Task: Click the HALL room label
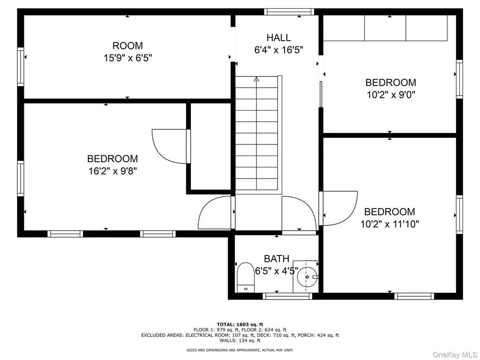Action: point(278,37)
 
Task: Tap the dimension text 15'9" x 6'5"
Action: point(127,58)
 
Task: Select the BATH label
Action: point(277,259)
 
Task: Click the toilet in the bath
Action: point(246,277)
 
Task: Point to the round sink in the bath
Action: point(307,277)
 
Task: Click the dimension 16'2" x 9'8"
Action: point(112,171)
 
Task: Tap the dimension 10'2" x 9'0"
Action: point(391,95)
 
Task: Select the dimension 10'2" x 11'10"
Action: point(390,224)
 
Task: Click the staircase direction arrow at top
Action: point(256,79)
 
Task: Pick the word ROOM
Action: point(127,45)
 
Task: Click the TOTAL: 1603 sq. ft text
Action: point(240,324)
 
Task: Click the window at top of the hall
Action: point(289,12)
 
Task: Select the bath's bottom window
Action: point(287,296)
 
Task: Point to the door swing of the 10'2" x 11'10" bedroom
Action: point(340,209)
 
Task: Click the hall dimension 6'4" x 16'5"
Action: point(278,50)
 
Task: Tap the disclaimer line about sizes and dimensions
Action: point(240,350)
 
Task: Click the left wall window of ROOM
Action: point(21,67)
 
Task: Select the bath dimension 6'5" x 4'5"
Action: point(277,271)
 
